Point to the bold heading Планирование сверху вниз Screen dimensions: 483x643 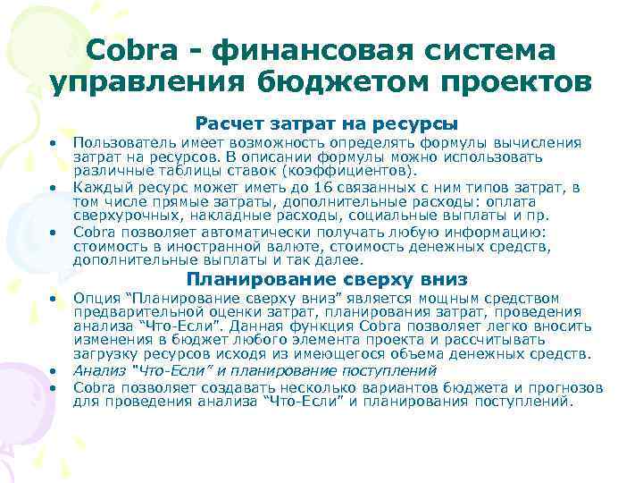[327, 279]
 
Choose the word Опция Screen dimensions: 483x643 [92, 298]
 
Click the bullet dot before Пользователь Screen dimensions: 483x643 [54, 143]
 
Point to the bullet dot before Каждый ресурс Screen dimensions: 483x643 [54, 188]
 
